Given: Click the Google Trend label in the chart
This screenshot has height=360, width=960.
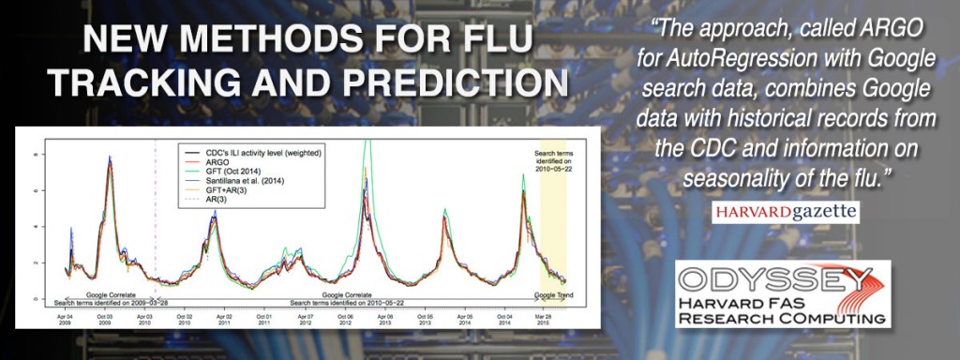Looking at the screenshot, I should point(552,294).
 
